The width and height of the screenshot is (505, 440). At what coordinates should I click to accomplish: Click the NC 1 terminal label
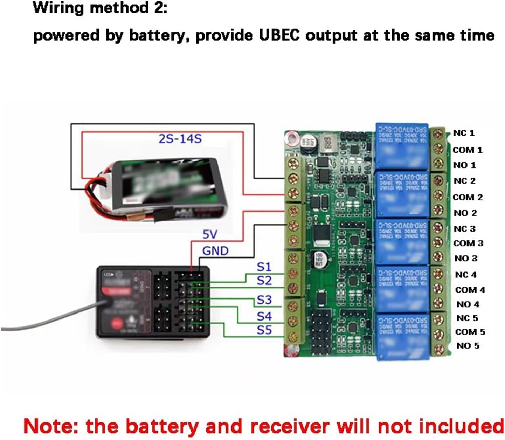pyautogui.click(x=464, y=133)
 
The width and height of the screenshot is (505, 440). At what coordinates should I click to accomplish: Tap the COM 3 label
pyautogui.click(x=468, y=243)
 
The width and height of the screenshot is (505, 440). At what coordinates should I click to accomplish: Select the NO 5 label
pyautogui.click(x=468, y=346)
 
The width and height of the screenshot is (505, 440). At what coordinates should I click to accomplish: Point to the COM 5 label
pyautogui.click(x=470, y=332)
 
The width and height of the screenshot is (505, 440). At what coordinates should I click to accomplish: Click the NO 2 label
pyautogui.click(x=465, y=213)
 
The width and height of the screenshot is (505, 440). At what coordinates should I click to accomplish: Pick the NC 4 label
pyautogui.click(x=465, y=275)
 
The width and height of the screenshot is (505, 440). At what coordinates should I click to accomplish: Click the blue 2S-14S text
pyautogui.click(x=180, y=139)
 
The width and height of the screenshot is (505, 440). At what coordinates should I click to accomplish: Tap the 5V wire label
pyautogui.click(x=210, y=234)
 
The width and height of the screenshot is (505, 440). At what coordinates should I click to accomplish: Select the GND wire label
pyautogui.click(x=215, y=251)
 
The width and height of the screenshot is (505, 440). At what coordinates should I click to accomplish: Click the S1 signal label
pyautogui.click(x=264, y=267)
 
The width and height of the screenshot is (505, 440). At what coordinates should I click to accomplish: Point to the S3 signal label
pyautogui.click(x=264, y=300)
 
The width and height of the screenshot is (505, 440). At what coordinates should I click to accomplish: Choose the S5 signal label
pyautogui.click(x=264, y=330)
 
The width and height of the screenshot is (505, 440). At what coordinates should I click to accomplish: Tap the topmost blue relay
pyautogui.click(x=402, y=146)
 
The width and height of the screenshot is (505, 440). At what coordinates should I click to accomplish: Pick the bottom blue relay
pyautogui.click(x=403, y=336)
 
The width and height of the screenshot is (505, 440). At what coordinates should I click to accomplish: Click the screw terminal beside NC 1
pyautogui.click(x=437, y=134)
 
